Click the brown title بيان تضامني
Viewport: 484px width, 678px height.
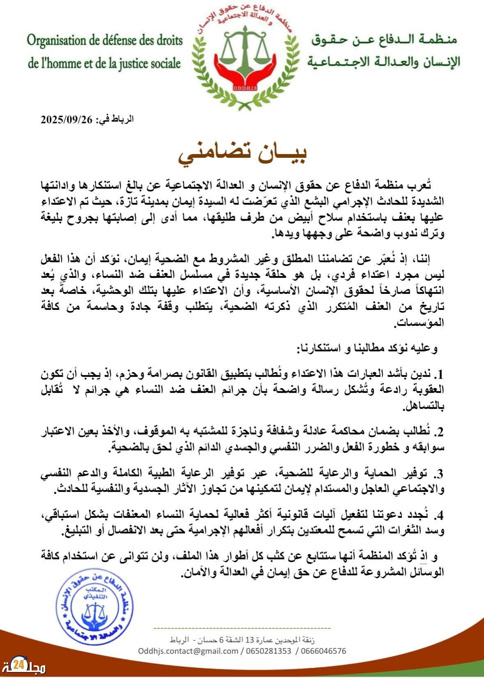pyautogui.click(x=242, y=153)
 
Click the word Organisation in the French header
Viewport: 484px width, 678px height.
pyautogui.click(x=60, y=42)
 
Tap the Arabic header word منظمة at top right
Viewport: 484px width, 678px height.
pyautogui.click(x=439, y=41)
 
